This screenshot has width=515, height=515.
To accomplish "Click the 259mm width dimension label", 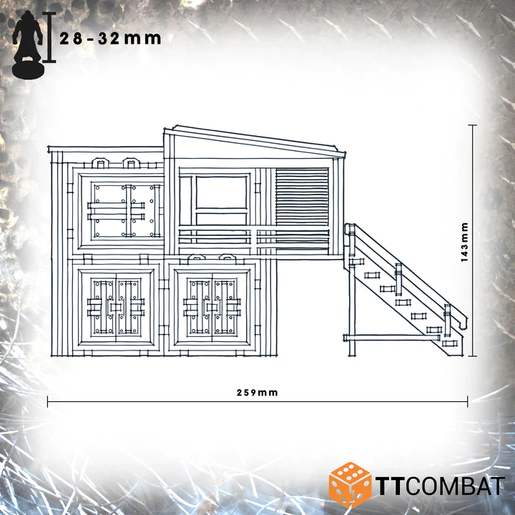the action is coord(257,393).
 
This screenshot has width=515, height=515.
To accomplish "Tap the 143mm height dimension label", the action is coord(464,242).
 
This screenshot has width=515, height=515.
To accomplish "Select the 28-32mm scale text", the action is coord(110,39).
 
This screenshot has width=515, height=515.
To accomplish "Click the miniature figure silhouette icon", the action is coord(28,44).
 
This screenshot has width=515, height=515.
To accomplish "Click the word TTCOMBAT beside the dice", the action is coord(440,486).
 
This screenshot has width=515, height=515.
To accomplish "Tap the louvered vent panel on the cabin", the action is coord(302,197).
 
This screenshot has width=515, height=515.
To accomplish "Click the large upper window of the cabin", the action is coord(221,192).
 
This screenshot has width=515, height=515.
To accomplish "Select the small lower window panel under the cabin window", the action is coord(221,219).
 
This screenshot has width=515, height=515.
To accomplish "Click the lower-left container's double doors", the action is coord(116,307).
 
